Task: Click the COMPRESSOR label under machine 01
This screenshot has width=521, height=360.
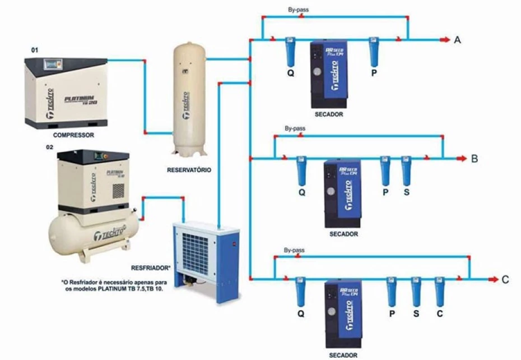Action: click(x=73, y=135)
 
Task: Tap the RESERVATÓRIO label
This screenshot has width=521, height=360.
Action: click(x=189, y=169)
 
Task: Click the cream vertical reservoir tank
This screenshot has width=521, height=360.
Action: click(x=189, y=98)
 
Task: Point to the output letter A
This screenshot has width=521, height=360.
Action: click(x=458, y=40)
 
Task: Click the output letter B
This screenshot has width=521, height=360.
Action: click(x=474, y=159)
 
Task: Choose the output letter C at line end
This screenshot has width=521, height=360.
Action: click(x=505, y=279)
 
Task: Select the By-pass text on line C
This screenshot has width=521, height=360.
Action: click(x=295, y=249)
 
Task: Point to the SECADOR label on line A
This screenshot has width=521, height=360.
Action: click(x=329, y=114)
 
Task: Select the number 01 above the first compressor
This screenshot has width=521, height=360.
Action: click(x=35, y=50)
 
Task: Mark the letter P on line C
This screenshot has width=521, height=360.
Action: click(x=392, y=313)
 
